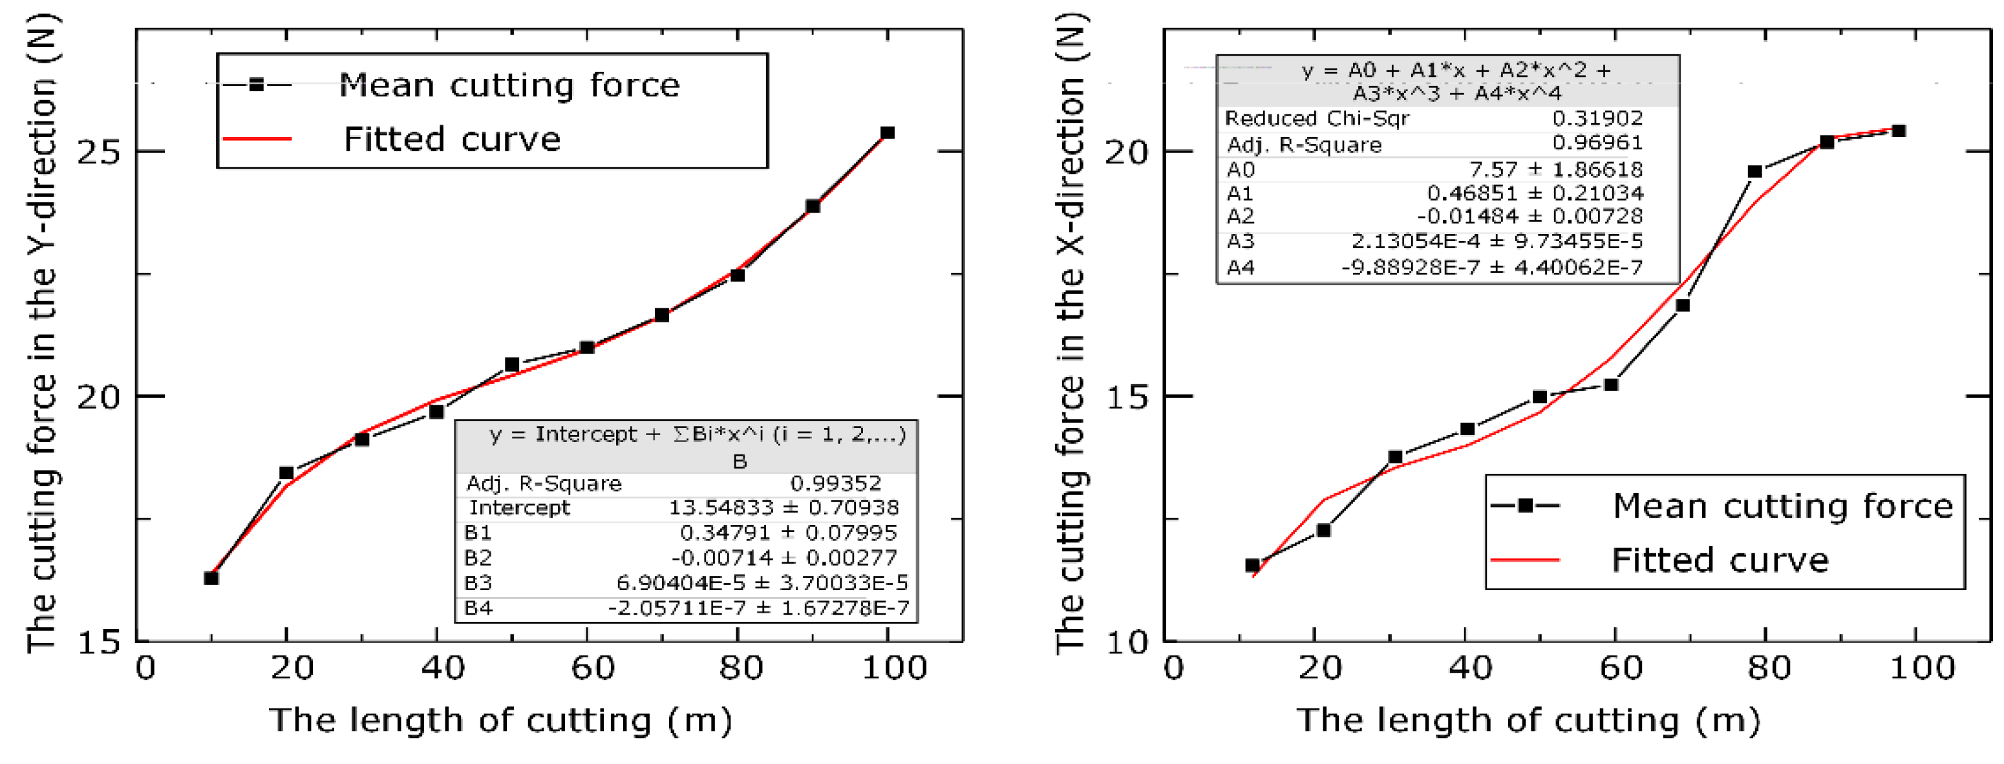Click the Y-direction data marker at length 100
pos(887,133)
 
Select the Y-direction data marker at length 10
pos(211,578)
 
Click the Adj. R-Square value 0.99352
pos(835,484)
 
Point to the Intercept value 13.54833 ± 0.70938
pos(783,508)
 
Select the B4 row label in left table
pos(478,608)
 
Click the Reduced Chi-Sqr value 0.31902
pos(1597,118)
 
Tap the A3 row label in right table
pos(1240,241)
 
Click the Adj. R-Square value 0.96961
pos(1597,143)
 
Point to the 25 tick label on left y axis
pos(100,152)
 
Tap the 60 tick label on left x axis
pos(593,668)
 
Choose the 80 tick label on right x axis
pos(1768,668)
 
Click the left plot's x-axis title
pos(500,721)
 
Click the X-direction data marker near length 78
pos(1755,171)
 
